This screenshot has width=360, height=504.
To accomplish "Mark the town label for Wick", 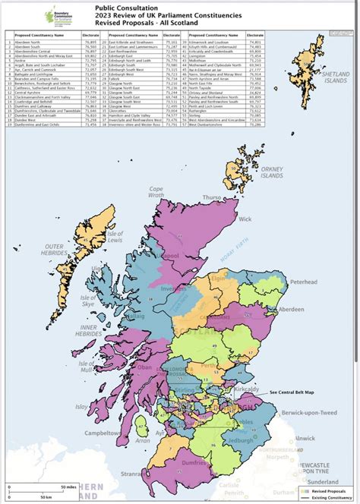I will coord(244,219).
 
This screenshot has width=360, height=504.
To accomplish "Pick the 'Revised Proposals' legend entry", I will coord(331,490).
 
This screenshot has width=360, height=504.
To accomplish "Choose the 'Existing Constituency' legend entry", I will coord(333,497).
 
